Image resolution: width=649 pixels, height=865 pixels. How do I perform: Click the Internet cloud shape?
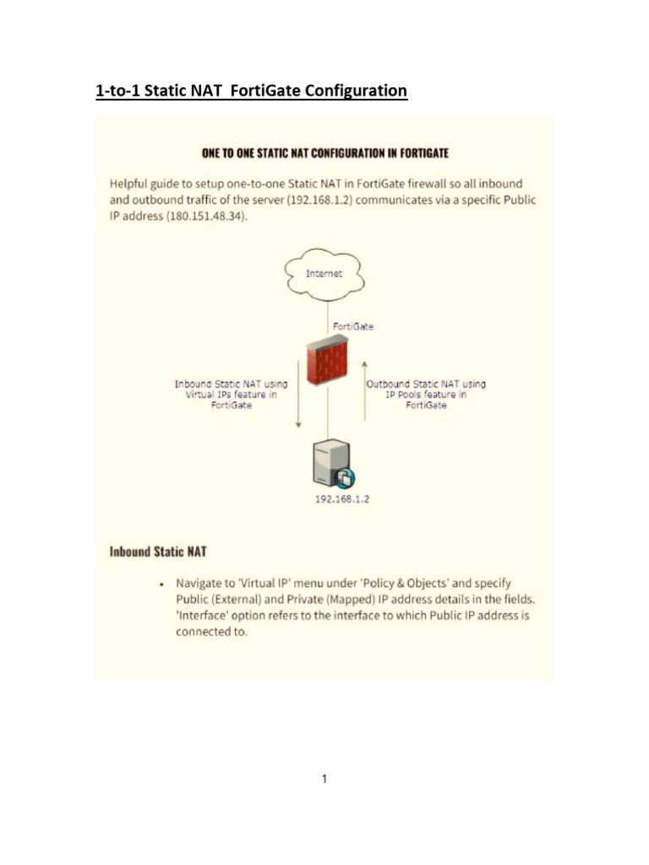tap(324, 275)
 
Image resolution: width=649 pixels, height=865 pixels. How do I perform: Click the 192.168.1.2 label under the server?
tap(341, 499)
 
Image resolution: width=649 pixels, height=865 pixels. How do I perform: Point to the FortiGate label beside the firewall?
tap(353, 326)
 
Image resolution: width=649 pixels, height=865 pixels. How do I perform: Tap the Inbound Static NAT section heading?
tap(158, 552)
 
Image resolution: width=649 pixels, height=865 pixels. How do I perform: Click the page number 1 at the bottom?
tap(324, 779)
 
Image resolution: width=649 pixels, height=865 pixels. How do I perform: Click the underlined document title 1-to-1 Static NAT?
tap(251, 90)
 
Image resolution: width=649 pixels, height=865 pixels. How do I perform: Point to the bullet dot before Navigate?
tap(161, 584)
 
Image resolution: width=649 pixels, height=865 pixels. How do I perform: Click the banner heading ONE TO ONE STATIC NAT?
tap(324, 153)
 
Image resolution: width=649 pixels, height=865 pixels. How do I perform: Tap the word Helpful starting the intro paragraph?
tap(134, 183)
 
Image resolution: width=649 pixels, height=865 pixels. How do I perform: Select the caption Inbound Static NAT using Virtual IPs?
tap(231, 394)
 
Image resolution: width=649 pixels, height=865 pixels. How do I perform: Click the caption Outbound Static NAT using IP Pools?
tap(426, 394)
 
